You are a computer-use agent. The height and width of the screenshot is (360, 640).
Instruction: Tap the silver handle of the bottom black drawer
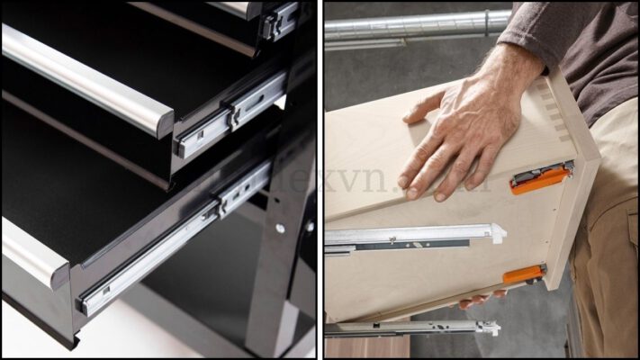[x=32, y=251]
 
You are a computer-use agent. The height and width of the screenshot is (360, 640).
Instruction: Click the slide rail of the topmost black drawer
[x=280, y=20]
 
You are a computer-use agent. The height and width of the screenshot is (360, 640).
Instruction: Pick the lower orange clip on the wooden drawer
[x=523, y=274]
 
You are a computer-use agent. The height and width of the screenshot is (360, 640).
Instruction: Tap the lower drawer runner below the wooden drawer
[x=414, y=328]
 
